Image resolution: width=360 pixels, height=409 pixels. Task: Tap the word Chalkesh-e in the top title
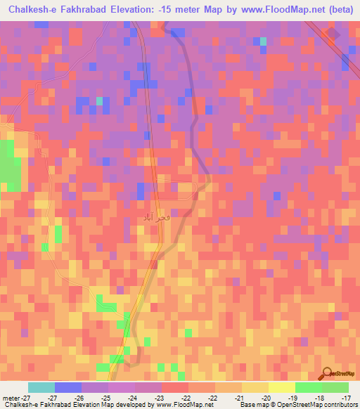(34, 10)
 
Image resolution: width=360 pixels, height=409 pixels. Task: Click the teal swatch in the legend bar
(41, 387)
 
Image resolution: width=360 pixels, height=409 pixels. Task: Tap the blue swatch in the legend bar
(68, 387)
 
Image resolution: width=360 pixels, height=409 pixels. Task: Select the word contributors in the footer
(340, 405)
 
